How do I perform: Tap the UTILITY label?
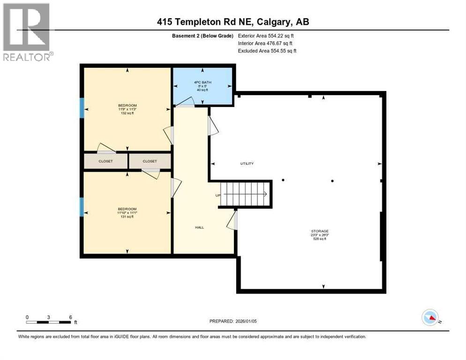click(247, 164)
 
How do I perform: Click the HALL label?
click(199, 227)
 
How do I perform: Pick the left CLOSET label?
click(105, 161)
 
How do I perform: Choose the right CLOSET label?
click(150, 161)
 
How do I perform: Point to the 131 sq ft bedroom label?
click(127, 212)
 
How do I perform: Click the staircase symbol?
click(245, 194)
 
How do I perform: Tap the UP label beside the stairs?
click(218, 195)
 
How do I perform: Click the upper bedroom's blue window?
click(82, 108)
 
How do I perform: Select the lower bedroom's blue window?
click(82, 207)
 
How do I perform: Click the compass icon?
click(430, 317)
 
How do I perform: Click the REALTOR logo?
click(28, 32)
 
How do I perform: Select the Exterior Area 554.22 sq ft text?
click(267, 36)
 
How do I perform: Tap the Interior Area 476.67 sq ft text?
click(265, 43)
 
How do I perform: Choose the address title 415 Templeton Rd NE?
click(233, 22)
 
